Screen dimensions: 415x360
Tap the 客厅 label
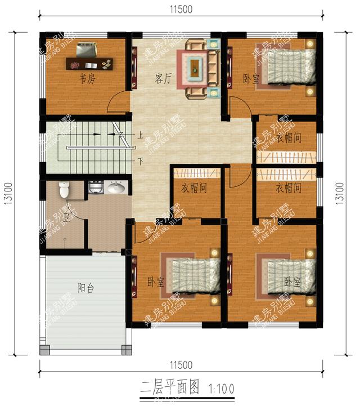click(x=163, y=79)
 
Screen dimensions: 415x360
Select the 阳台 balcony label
click(x=86, y=288)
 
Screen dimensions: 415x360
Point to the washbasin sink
click(x=116, y=188)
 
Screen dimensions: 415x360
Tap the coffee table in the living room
click(x=194, y=67)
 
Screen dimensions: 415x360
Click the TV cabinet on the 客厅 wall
click(x=134, y=67)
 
